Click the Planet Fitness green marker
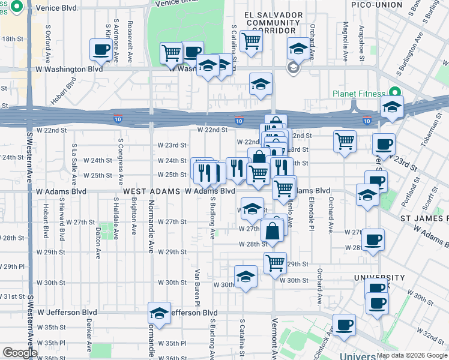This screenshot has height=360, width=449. [394, 93]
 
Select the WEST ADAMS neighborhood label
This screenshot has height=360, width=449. [151, 191]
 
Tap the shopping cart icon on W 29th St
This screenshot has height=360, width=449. [275, 262]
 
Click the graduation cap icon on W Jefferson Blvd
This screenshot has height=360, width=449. [159, 313]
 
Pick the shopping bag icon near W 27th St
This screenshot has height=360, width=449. [273, 231]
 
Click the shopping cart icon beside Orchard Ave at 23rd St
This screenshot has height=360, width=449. [345, 142]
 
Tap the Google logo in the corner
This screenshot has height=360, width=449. [19, 352]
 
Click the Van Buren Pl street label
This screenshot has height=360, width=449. [196, 283]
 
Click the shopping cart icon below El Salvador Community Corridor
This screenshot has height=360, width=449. [250, 41]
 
